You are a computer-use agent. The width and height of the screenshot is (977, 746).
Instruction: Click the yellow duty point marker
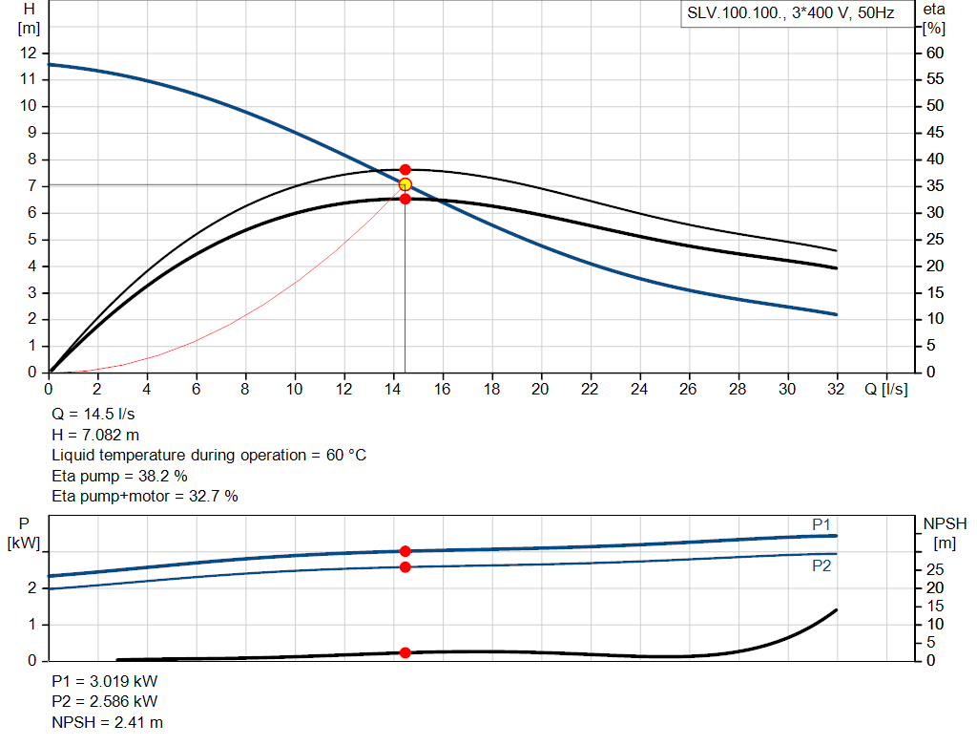click(x=405, y=184)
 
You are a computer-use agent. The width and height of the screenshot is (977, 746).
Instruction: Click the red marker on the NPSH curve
click(x=405, y=652)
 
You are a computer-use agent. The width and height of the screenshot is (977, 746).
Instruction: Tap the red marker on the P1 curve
click(x=405, y=551)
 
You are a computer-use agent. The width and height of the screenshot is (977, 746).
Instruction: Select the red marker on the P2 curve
click(x=405, y=567)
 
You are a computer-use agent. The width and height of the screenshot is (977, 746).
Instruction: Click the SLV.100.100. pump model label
click(x=734, y=14)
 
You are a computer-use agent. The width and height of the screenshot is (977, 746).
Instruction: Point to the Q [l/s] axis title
click(x=884, y=390)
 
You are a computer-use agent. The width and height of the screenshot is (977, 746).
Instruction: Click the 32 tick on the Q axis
click(x=837, y=390)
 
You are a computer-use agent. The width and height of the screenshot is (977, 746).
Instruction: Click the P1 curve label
click(x=821, y=524)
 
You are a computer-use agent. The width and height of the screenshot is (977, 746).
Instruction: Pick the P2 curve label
click(x=821, y=565)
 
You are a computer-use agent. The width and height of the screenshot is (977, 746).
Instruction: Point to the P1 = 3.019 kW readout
click(x=105, y=682)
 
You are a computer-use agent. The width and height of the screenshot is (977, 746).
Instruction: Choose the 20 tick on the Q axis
click(x=541, y=390)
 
